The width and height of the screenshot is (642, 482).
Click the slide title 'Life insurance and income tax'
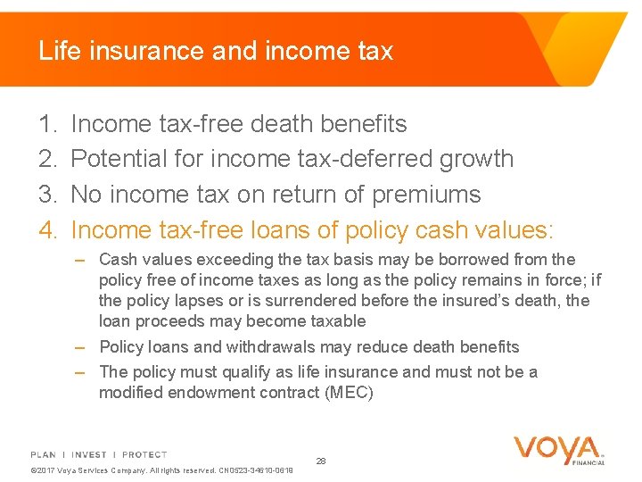tap(215, 51)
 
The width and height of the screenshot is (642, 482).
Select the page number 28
tap(321, 461)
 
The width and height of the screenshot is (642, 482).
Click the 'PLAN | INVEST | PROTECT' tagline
tap(99, 454)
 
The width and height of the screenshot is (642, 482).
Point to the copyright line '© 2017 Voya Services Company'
tap(107, 470)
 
